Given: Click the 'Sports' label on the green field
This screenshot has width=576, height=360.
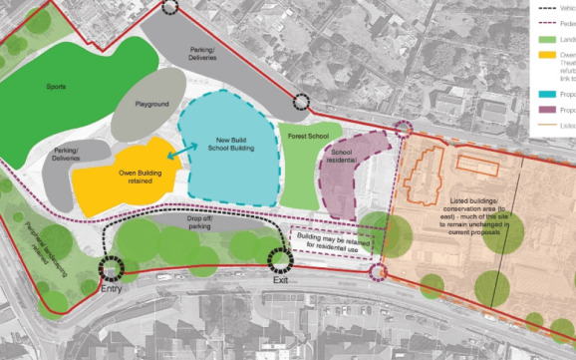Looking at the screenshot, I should [56, 88].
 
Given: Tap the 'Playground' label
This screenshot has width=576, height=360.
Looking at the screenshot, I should [152, 105].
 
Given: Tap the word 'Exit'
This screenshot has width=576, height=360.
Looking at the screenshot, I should [283, 282].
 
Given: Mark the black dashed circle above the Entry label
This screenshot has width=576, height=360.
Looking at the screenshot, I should [109, 266].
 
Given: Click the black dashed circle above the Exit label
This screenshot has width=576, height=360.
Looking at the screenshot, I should [279, 260].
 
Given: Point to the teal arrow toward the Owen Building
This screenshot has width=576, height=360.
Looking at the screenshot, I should [179, 152].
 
